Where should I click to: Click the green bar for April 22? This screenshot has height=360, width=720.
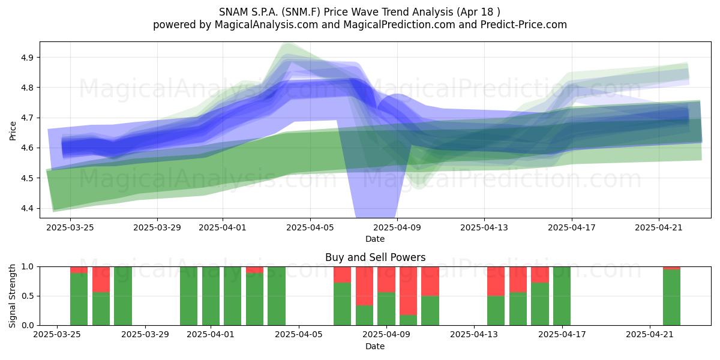[x=671, y=298]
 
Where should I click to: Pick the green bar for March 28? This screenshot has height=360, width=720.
[x=123, y=296]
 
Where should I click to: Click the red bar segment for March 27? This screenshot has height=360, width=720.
[x=101, y=280]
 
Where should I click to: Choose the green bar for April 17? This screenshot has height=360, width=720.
[x=562, y=296]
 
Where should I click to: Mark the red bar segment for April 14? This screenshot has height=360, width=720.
[x=496, y=281]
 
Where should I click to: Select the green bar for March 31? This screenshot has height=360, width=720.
[x=188, y=296]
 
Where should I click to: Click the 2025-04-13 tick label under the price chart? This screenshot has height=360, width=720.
[x=484, y=227]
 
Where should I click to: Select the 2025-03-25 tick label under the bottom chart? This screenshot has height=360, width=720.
[x=57, y=334]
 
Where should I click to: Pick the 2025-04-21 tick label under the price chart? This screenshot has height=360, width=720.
[x=659, y=227]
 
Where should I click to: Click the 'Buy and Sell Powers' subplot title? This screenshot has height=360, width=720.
[x=376, y=257]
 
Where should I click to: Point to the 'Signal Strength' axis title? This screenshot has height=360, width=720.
[x=12, y=296]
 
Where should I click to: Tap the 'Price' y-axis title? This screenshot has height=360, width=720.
[x=13, y=131]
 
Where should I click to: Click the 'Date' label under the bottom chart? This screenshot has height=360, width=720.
[x=375, y=346]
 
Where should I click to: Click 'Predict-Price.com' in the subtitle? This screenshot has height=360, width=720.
[x=524, y=25]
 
